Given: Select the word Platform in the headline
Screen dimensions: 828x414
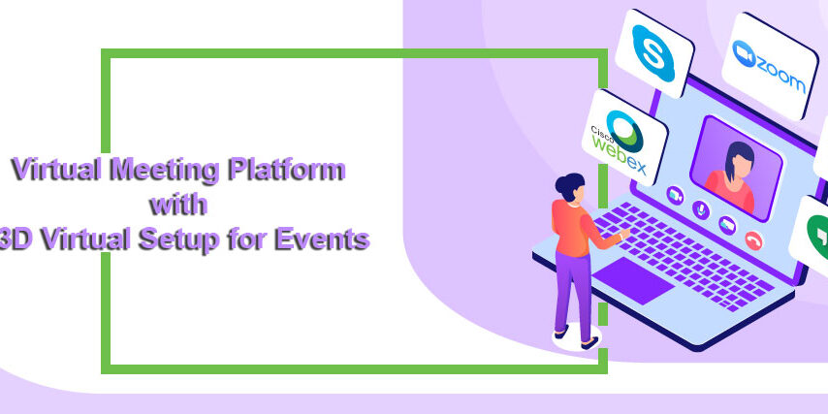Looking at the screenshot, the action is [x=287, y=169].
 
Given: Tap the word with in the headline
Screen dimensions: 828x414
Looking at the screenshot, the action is [x=177, y=205].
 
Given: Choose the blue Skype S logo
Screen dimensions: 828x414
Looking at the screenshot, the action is [x=653, y=53].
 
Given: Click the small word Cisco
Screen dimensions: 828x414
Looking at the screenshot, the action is [x=599, y=132].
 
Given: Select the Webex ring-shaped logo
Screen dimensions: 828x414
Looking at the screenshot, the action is [x=624, y=131].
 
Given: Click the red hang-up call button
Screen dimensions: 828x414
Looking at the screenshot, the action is [x=753, y=240].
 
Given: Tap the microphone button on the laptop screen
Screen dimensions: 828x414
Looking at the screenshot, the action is [x=701, y=209].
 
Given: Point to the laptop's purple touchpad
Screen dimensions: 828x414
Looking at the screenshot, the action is [x=633, y=281].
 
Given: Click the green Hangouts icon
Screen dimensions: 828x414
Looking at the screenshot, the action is [x=817, y=238].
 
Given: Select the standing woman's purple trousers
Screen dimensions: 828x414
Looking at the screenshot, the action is [x=574, y=293].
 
